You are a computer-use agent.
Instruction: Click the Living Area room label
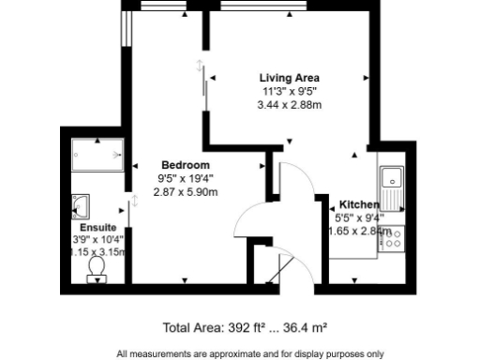click(290, 78)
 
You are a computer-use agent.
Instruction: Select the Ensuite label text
click(98, 228)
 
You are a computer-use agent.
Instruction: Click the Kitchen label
click(359, 204)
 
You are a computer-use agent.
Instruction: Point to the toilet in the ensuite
click(95, 268)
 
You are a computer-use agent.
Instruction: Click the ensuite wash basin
click(81, 206)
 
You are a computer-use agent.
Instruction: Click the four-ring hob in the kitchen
click(391, 238)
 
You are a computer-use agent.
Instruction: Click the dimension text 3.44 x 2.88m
click(290, 105)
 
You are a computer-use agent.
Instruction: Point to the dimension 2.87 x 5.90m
click(186, 192)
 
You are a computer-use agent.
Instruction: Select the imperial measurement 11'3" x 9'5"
click(290, 92)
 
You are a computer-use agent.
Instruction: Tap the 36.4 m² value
click(306, 328)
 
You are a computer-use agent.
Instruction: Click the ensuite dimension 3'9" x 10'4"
click(98, 240)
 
